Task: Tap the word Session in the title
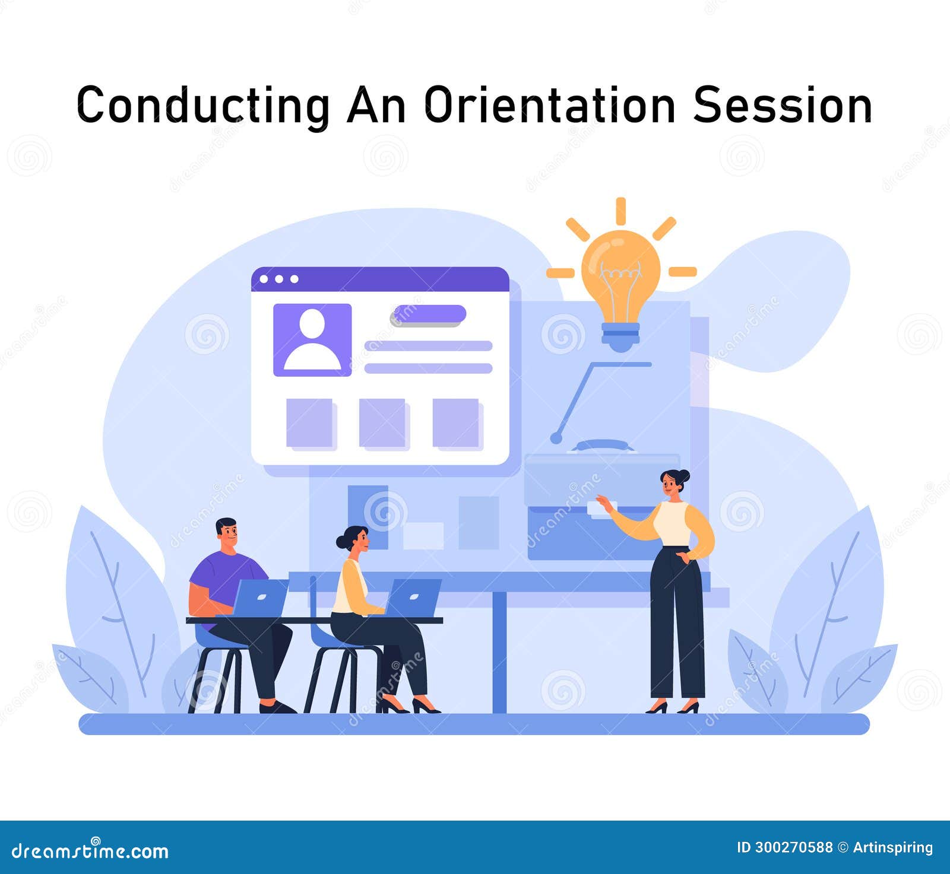[782, 106]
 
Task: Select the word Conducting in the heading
[203, 106]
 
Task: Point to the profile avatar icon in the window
[312, 340]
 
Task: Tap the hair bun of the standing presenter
[684, 475]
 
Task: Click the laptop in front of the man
[260, 598]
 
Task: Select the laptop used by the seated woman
[413, 598]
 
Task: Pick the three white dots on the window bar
[279, 279]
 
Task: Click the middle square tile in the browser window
[383, 422]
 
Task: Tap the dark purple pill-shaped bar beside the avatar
[429, 314]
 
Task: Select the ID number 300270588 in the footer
[794, 847]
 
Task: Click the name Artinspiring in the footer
[892, 847]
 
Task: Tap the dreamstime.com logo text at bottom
[90, 851]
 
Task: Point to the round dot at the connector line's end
[556, 438]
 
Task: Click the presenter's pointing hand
[604, 503]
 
